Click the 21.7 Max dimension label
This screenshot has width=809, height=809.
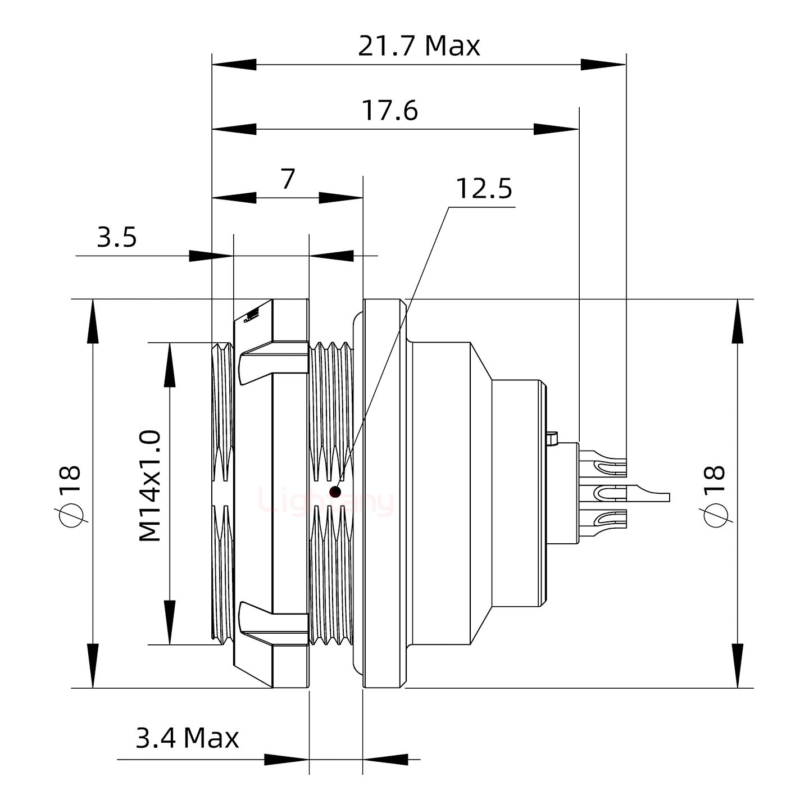[419, 46]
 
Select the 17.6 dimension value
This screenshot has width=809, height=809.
[389, 111]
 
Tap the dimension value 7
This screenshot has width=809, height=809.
[288, 179]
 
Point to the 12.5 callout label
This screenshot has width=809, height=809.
[483, 189]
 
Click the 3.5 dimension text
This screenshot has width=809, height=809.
[117, 237]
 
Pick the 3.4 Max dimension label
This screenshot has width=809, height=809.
[187, 738]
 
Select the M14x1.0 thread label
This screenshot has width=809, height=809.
[151, 486]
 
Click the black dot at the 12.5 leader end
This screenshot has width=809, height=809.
[335, 493]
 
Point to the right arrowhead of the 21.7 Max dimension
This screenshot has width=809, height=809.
[603, 65]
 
